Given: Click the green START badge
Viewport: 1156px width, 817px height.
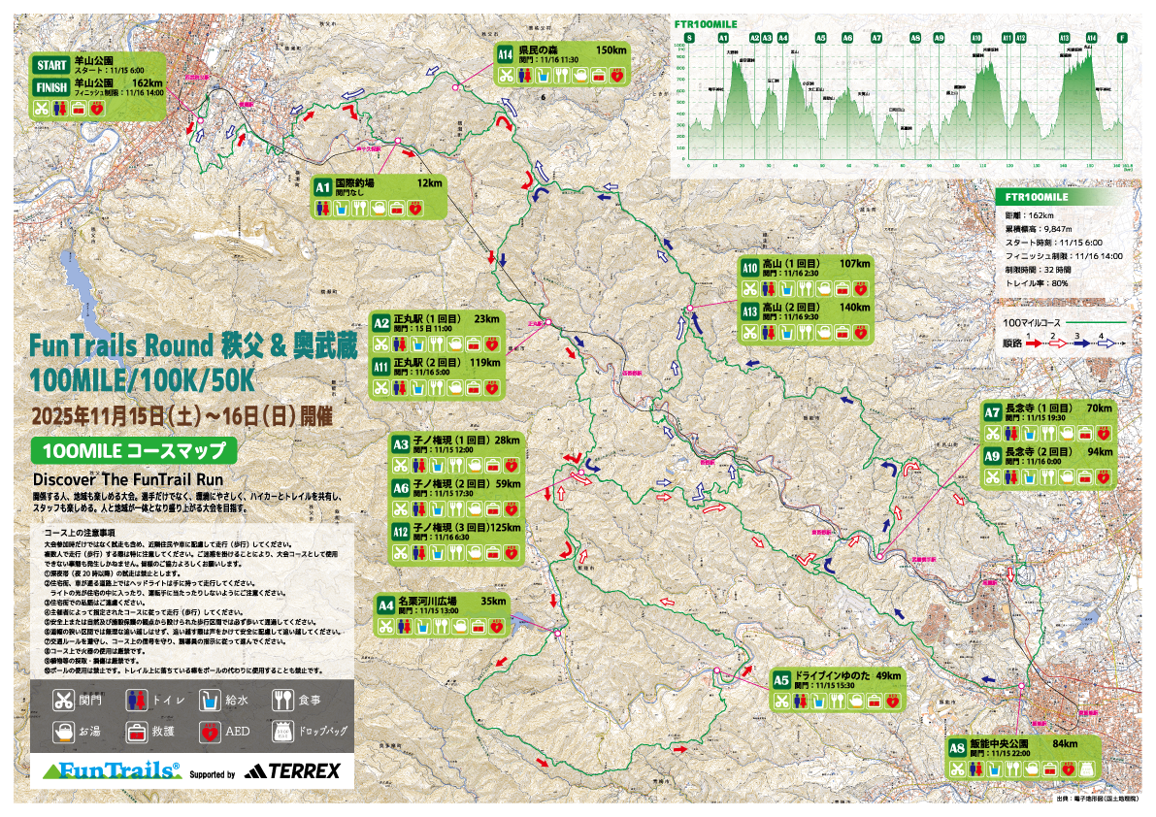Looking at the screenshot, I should tap(50, 65).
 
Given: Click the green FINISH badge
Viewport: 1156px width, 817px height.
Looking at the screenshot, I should tap(50, 87).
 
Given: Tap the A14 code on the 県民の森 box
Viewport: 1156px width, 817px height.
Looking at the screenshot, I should tap(505, 54).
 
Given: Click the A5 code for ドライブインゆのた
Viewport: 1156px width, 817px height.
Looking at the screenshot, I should tap(781, 680).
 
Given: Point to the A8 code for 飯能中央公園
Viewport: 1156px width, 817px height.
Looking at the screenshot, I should tap(957, 748).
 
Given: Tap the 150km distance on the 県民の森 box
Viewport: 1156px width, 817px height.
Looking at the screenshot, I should tap(611, 49).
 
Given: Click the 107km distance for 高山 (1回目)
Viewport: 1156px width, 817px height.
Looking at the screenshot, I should tap(855, 264).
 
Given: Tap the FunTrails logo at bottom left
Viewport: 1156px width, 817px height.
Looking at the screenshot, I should tap(109, 770).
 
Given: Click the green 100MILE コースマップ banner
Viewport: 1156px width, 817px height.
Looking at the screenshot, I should tap(134, 450).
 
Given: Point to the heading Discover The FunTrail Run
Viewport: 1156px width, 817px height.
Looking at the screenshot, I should tap(128, 479).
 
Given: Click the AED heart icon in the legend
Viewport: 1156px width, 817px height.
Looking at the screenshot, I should tap(210, 731).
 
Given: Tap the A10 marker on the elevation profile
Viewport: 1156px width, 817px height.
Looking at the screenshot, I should tap(976, 38).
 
